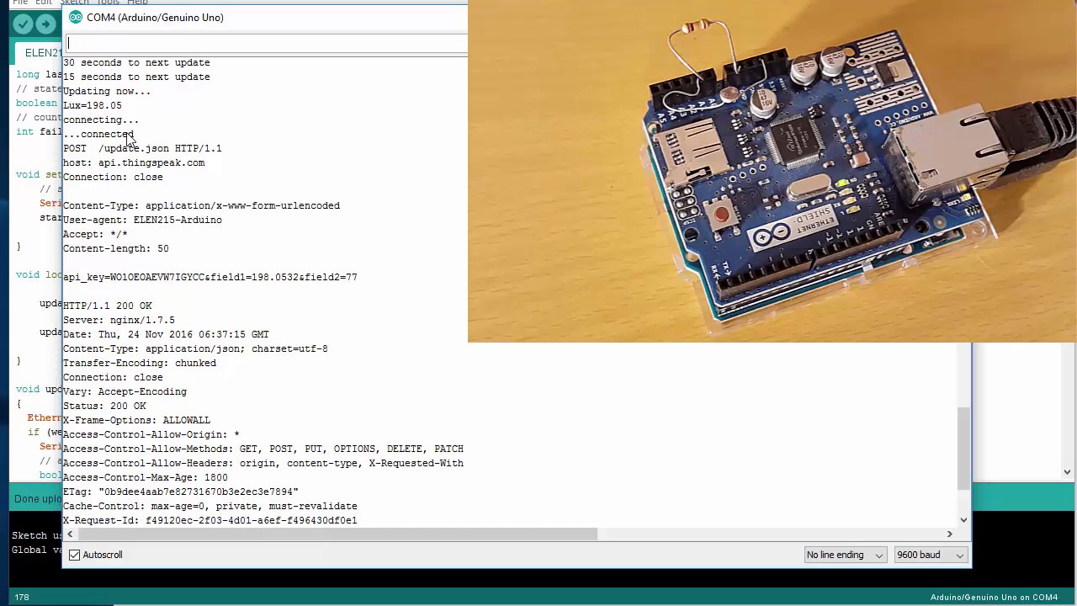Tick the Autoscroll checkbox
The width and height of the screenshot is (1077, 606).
point(75,555)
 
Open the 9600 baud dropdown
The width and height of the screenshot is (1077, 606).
point(930,555)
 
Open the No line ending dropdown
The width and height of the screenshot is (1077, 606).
point(844,555)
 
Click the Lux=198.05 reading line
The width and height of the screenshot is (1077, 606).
point(92,105)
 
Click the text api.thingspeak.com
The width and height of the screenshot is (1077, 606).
point(151,162)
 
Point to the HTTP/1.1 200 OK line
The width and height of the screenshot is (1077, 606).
point(107,306)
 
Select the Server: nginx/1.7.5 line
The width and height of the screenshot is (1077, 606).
point(119,320)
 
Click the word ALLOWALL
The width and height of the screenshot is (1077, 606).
point(186,420)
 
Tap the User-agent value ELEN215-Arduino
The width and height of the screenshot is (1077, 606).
point(178,220)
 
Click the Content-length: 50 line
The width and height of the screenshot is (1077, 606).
point(115,248)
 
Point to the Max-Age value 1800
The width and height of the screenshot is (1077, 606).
point(215,477)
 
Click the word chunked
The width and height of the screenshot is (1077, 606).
point(195,363)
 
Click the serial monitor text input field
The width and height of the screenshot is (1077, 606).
point(265,43)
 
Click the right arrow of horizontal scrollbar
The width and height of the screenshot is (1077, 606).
point(949,534)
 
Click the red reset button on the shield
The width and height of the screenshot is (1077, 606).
point(721,215)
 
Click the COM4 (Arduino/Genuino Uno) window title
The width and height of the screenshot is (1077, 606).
point(155,17)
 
